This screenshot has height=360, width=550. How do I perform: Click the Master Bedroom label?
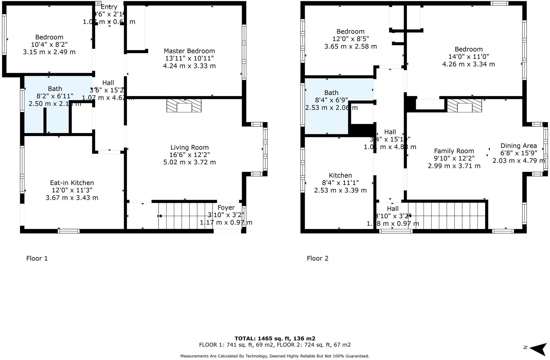pyautogui.click(x=189, y=51)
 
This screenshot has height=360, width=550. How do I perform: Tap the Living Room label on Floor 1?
pyautogui.click(x=189, y=147)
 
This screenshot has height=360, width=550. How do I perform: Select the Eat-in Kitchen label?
pyautogui.click(x=72, y=183)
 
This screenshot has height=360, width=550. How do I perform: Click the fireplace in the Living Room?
pyautogui.click(x=184, y=106)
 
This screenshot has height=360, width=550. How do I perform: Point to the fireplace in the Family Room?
pyautogui.click(x=464, y=106)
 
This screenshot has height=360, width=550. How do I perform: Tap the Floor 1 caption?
pyautogui.click(x=37, y=258)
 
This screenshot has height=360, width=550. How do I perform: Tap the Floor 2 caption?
pyautogui.click(x=318, y=258)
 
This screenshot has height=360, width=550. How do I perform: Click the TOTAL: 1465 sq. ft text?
pyautogui.click(x=275, y=338)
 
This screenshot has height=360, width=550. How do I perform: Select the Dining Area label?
pyautogui.click(x=519, y=146)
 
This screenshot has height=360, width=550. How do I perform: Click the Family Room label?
pyautogui.click(x=454, y=151)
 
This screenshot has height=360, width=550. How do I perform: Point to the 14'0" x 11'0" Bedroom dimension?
pyautogui.click(x=468, y=57)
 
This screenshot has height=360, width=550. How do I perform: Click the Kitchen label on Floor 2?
pyautogui.click(x=340, y=176)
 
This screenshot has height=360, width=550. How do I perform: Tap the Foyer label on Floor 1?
pyautogui.click(x=226, y=208)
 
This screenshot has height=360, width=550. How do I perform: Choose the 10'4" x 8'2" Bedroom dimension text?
pyautogui.click(x=49, y=45)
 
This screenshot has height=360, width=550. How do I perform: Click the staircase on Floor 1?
pyautogui.click(x=185, y=216)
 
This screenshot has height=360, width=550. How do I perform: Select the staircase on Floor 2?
pyautogui.click(x=446, y=216)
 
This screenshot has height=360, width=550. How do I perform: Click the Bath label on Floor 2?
pyautogui.click(x=331, y=93)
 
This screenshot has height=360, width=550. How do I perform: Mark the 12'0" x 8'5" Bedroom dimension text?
pyautogui.click(x=351, y=39)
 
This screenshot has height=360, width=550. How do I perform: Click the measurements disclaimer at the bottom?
pyautogui.click(x=275, y=356)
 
